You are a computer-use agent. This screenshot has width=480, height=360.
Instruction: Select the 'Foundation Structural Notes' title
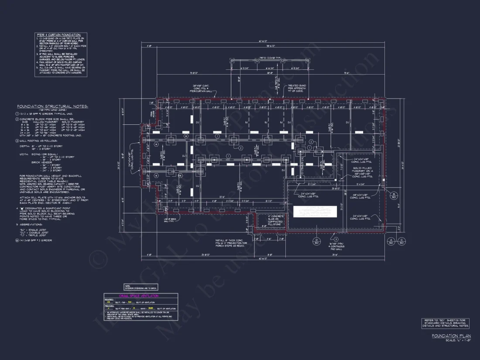[52, 106]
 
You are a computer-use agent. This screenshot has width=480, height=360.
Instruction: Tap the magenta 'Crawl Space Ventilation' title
[141, 296]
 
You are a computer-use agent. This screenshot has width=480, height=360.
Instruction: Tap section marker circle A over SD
[391, 240]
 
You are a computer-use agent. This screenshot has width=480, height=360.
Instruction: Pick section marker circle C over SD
[401, 240]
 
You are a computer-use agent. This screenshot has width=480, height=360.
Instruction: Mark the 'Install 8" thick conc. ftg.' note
[231, 243]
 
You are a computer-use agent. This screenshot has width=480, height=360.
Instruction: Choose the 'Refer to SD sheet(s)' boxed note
[446, 323]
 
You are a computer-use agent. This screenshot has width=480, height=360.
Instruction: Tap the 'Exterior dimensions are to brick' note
[141, 288]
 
